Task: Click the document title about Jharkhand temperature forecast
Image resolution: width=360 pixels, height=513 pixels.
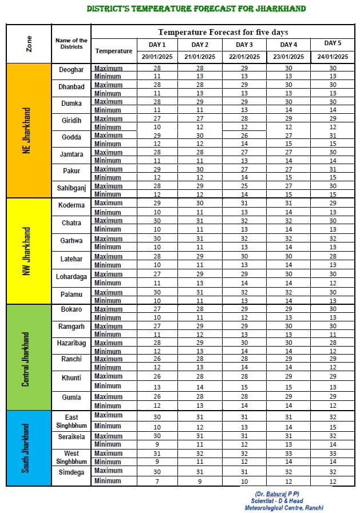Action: coord(196,9)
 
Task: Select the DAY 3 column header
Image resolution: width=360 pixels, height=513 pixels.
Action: coord(244,45)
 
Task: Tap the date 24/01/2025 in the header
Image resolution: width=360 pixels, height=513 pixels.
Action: coord(333,57)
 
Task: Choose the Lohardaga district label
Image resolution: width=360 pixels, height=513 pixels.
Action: coord(71,277)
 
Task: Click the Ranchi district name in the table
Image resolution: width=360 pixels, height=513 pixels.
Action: coord(71,359)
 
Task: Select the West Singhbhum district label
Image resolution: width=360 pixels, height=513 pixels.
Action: coord(71,458)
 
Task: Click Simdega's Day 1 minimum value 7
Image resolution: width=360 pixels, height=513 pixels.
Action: coord(157,481)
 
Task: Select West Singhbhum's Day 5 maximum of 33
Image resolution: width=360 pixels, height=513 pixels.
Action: coord(333,454)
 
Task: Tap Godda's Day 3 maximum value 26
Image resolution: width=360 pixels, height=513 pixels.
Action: coord(244,136)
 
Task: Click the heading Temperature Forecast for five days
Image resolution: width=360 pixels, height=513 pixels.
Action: coord(223,33)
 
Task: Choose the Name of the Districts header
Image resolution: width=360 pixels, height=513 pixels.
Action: coord(71,43)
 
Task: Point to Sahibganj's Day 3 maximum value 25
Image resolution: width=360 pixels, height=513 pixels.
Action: coord(244,186)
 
